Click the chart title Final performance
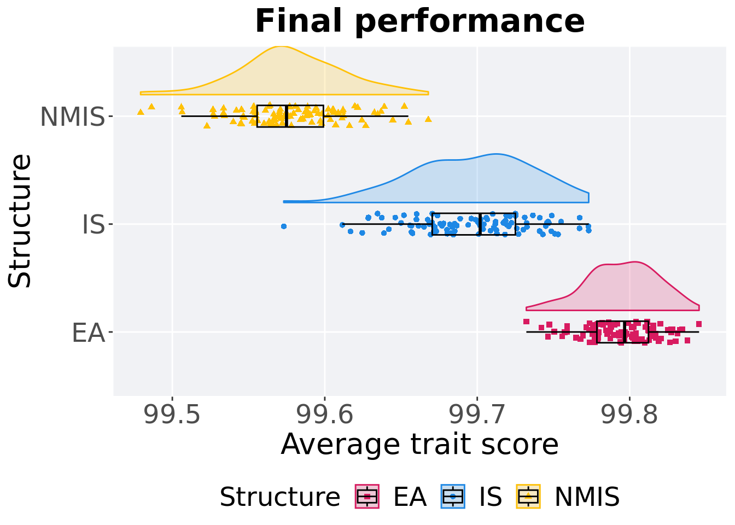pos(419,22)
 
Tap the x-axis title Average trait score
pos(419,444)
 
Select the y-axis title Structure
pos(21,220)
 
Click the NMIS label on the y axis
pos(72,116)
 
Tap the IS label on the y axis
pos(93,224)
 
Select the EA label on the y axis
pos(88,332)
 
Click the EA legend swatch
pos(367,497)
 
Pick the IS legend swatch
pos(453,497)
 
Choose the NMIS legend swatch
pos(528,497)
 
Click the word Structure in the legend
pos(279,497)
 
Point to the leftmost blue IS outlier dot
pos(283,226)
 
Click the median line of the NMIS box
pos(287,116)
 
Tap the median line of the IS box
pos(480,224)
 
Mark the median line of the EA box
pos(624,332)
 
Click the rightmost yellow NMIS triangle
pos(428,119)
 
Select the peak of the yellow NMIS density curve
pos(280,46)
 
